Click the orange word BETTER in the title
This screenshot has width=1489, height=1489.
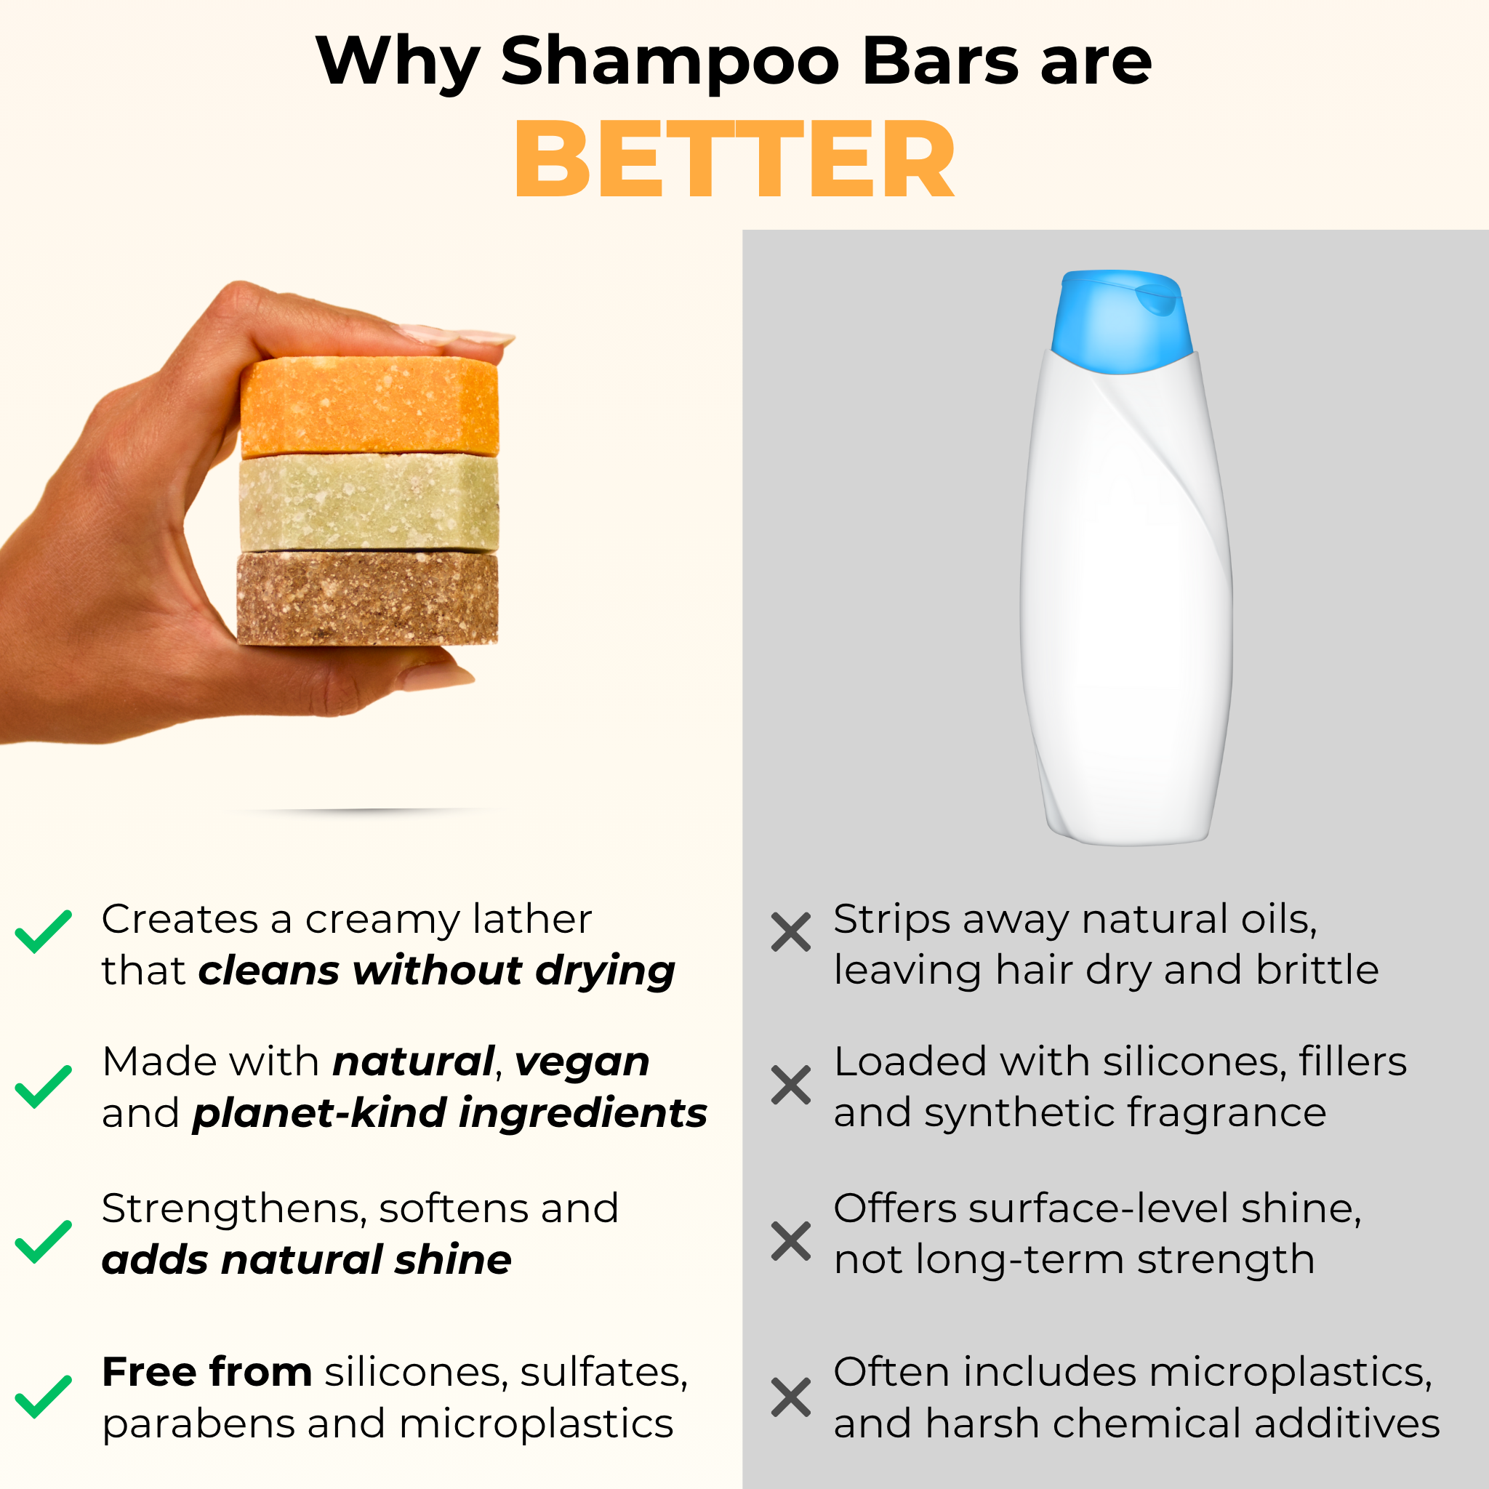click(734, 159)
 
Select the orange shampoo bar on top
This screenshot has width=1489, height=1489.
click(369, 406)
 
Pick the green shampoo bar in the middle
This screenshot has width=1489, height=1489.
click(369, 503)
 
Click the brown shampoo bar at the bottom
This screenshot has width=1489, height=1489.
click(368, 598)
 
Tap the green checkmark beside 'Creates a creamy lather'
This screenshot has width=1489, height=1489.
click(43, 931)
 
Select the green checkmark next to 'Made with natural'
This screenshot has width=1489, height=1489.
click(43, 1087)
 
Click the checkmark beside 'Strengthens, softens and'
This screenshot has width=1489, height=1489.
click(43, 1242)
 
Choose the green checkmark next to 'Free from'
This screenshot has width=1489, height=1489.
click(43, 1397)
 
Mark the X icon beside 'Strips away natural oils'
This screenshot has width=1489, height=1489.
click(791, 932)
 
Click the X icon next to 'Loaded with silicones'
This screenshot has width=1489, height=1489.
click(791, 1085)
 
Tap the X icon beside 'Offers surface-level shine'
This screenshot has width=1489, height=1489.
click(791, 1241)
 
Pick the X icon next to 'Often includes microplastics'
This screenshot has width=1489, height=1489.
click(791, 1397)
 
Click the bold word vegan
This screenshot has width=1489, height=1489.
click(582, 1064)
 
